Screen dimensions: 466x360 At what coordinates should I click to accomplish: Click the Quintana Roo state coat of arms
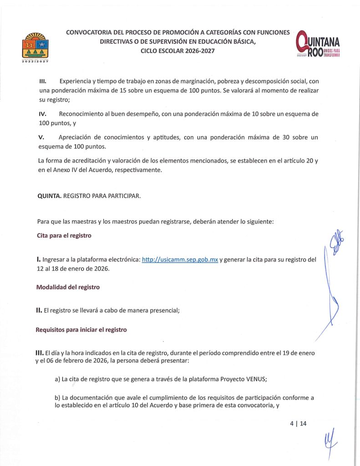(x=35, y=47)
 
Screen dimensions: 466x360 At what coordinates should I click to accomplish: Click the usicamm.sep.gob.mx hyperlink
(x=180, y=260)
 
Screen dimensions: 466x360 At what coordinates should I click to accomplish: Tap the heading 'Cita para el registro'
(x=64, y=235)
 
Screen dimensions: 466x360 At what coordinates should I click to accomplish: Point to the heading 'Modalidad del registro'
(x=68, y=287)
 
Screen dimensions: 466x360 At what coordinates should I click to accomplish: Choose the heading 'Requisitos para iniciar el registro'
(x=81, y=330)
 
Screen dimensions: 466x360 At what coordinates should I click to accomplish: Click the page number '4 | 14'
(x=298, y=423)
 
